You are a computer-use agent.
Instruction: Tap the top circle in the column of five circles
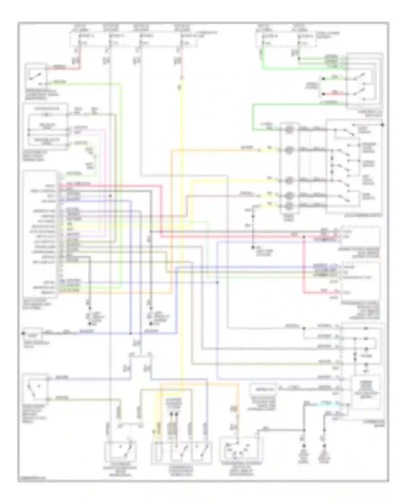pyautogui.click(x=289, y=129)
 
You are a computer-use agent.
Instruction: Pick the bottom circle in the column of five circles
pyautogui.click(x=289, y=206)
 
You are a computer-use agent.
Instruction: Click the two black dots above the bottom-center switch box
pyautogui.click(x=173, y=414)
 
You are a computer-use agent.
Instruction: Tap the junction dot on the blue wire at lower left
pyautogui.click(x=130, y=334)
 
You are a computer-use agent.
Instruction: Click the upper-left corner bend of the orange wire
pyautogui.click(x=171, y=150)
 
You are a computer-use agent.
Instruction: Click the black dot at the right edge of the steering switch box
pyautogui.click(x=383, y=125)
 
